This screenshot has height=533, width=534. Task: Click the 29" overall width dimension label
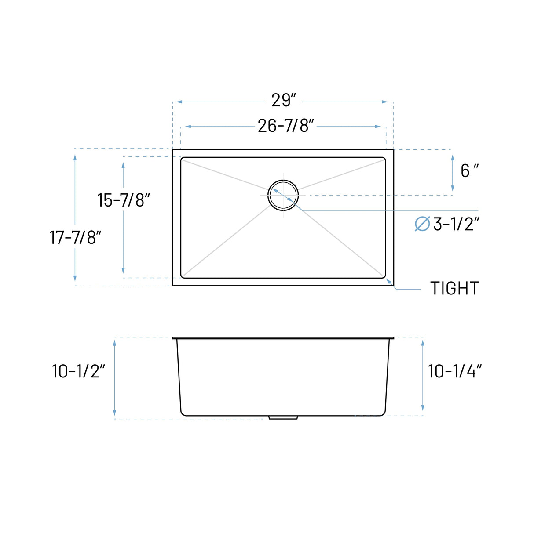[x=284, y=101]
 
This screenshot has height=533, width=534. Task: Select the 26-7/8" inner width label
[x=286, y=126]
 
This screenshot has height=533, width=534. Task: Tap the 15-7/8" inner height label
[x=124, y=200]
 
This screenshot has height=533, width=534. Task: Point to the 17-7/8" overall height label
[x=75, y=238]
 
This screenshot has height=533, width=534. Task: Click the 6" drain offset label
[x=469, y=170]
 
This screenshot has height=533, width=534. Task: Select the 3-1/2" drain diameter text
[x=456, y=224]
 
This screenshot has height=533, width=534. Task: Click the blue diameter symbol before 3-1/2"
[x=422, y=224]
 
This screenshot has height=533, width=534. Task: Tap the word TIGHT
[x=454, y=289]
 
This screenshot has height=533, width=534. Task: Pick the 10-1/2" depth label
[x=78, y=371]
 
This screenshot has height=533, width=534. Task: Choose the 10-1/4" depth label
[x=455, y=371]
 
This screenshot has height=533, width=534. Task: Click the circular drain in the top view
[x=283, y=195]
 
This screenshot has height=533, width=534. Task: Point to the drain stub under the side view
[x=283, y=417]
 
